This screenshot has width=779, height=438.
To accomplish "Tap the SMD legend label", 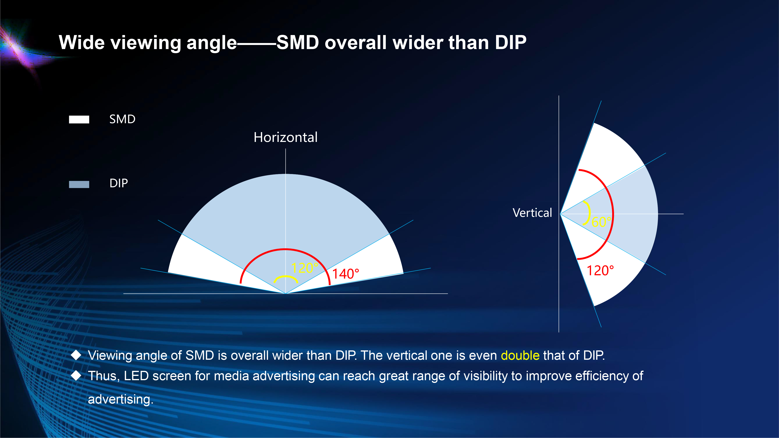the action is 122,119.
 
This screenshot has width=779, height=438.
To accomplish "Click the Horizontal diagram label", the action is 286,137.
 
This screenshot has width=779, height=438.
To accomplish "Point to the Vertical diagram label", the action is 532,213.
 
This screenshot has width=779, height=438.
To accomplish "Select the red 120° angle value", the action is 600,271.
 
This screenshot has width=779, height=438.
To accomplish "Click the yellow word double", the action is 520,355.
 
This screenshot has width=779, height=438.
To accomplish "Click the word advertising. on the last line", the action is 121,399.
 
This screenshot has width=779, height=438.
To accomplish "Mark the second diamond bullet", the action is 76,376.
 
